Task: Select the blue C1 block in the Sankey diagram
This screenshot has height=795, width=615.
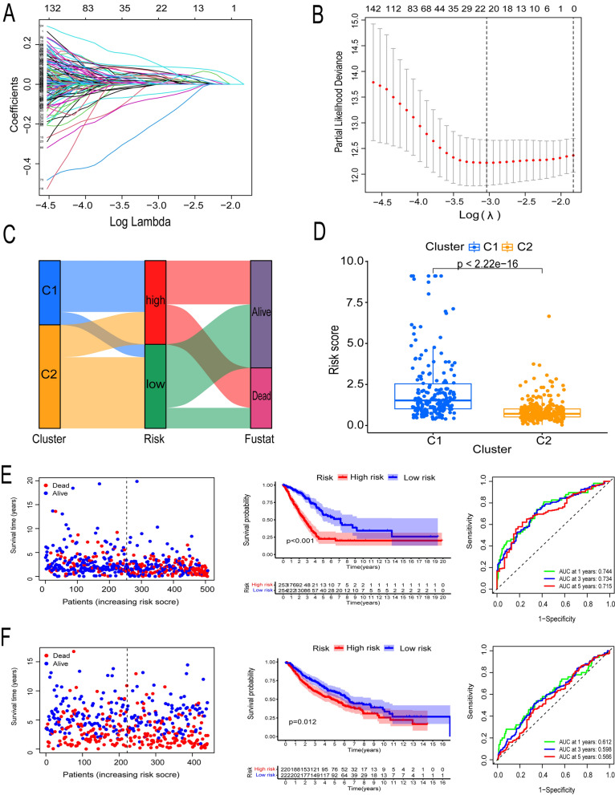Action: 49,292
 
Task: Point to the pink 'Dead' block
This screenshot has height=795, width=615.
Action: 262,399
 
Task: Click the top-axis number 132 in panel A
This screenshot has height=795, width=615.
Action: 54,8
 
